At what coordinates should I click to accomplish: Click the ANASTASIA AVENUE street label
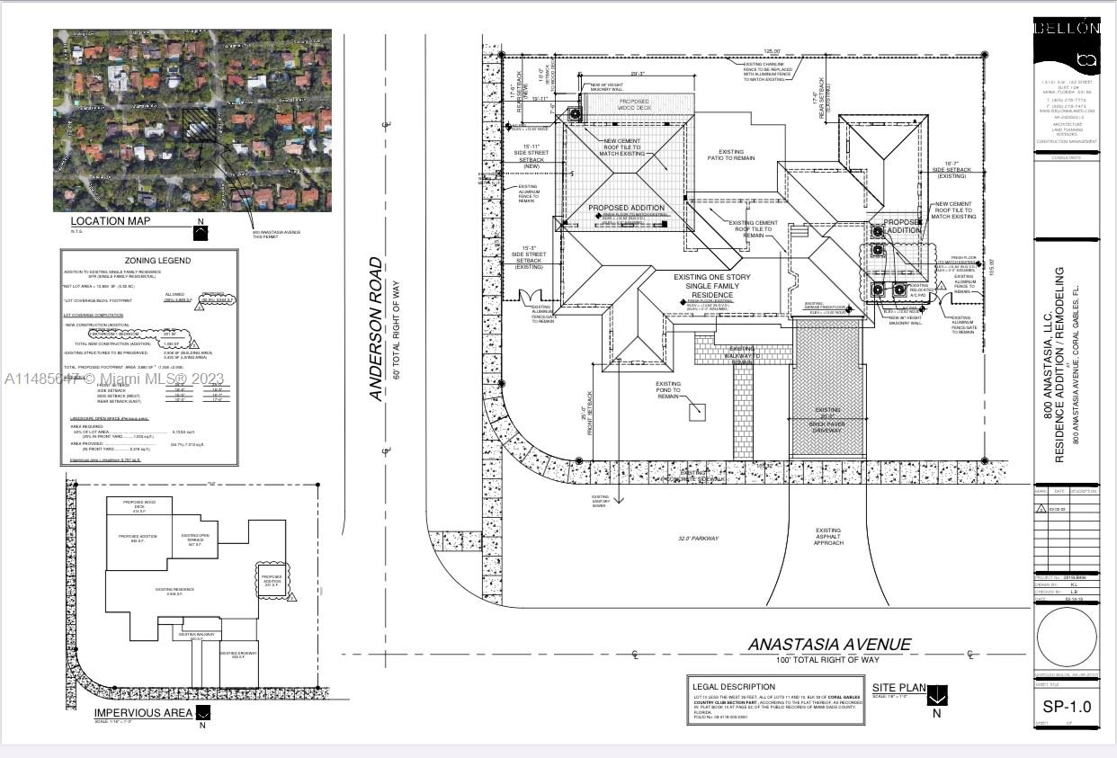coord(830,645)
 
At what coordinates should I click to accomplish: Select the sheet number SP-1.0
coord(1067,707)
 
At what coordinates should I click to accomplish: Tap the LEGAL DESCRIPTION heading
coord(734,686)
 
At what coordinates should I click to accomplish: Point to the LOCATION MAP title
coord(111,220)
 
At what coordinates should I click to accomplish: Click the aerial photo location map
coord(192,120)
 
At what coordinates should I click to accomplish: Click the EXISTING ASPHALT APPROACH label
coord(828,537)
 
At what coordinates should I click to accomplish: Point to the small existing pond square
coord(696,412)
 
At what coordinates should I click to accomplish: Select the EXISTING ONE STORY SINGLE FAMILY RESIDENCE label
coord(717,285)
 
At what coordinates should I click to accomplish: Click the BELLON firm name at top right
coord(1067,28)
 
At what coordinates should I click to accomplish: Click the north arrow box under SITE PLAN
coord(937,695)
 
